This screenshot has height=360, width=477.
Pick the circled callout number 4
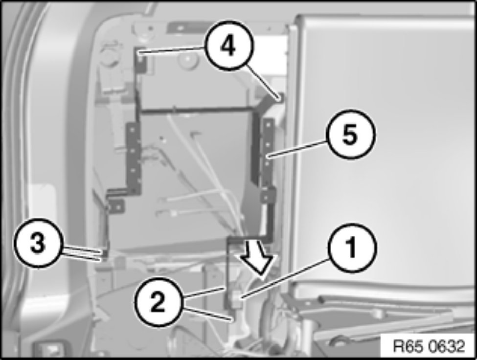tap(228, 46)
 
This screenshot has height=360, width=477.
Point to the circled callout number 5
tap(350, 135)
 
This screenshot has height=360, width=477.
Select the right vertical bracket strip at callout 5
tap(267, 152)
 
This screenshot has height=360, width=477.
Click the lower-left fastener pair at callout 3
tap(103, 255)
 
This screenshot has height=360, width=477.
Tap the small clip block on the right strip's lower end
tap(268, 195)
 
